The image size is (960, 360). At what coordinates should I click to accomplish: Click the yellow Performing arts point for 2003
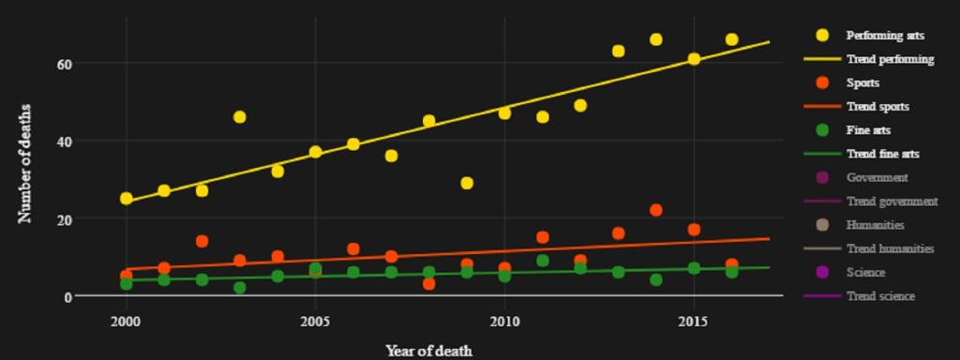240,117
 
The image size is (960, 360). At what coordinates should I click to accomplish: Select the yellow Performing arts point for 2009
467,183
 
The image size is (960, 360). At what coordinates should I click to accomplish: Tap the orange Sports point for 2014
656,210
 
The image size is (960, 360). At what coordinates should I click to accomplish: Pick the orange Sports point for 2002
202,241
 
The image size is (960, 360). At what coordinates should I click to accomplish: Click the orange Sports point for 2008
429,283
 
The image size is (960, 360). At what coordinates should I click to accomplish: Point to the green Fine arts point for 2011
543,261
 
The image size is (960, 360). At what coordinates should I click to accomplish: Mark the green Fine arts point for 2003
240,288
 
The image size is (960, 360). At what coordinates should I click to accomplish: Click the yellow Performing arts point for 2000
127,199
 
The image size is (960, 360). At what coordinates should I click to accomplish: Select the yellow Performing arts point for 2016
731,39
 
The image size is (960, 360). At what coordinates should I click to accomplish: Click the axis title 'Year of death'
428,351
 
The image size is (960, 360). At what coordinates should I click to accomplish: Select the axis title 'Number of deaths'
25,163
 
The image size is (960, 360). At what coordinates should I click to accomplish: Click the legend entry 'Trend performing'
890,59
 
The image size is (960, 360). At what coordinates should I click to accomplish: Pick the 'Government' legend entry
877,177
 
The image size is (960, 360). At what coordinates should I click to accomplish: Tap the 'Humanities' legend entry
875,225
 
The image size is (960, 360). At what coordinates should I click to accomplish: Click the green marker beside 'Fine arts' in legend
823,130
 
